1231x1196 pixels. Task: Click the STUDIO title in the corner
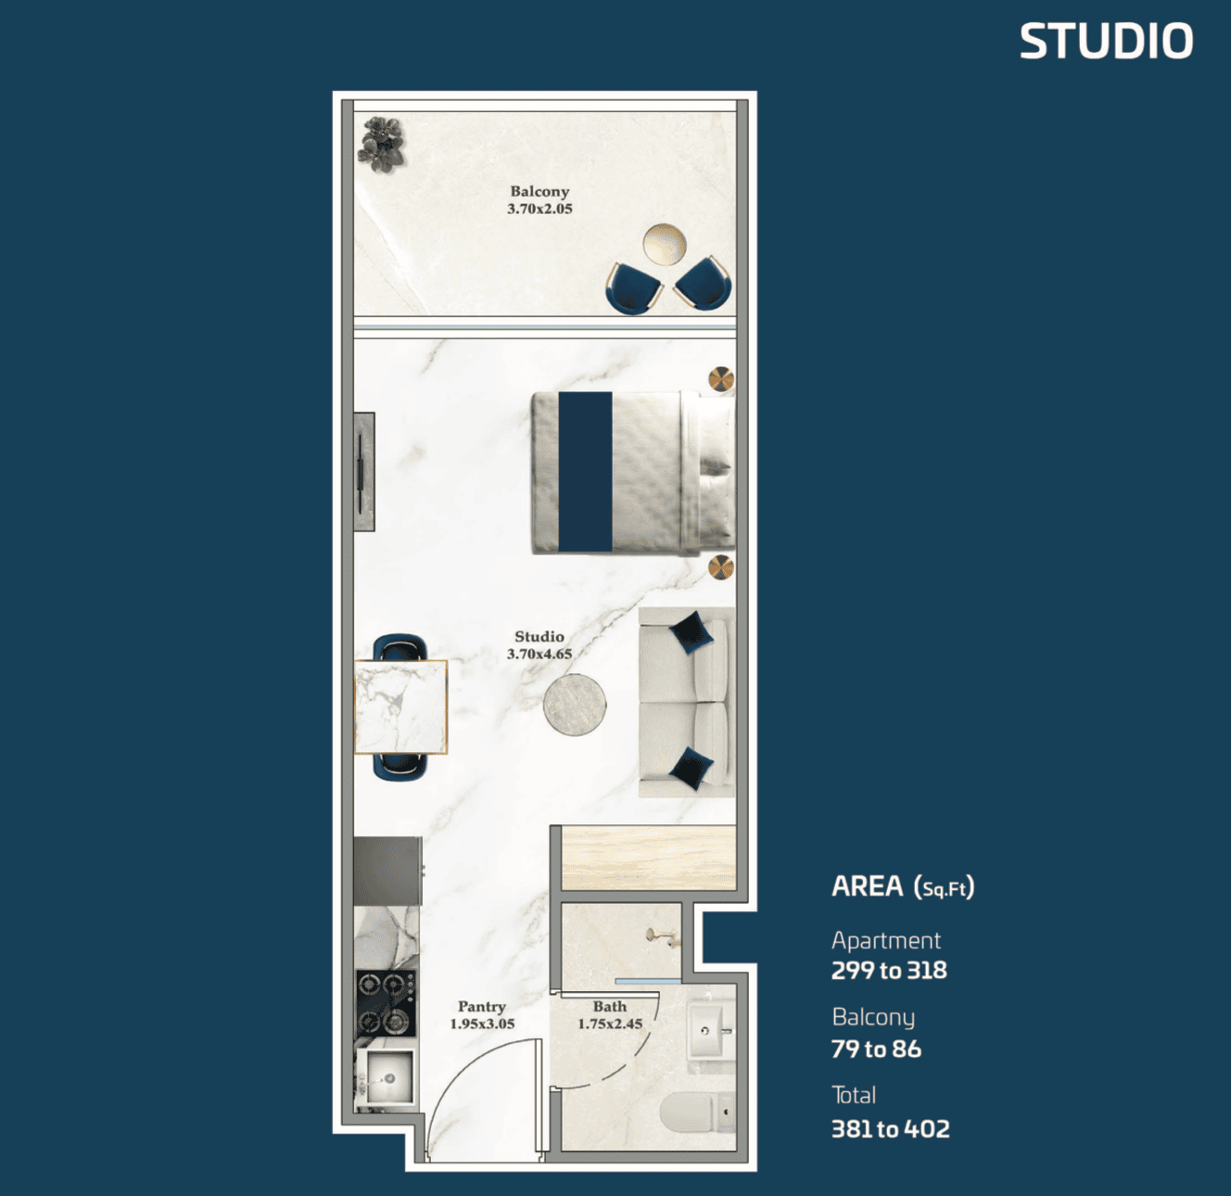click(x=1107, y=41)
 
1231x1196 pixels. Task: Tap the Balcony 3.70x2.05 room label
click(x=539, y=200)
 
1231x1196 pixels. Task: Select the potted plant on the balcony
click(x=381, y=145)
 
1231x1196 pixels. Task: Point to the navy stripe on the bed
click(x=585, y=471)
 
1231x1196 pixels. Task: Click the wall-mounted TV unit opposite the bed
click(x=364, y=471)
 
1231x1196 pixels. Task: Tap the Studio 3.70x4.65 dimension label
click(x=539, y=645)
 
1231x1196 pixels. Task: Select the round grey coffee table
click(x=575, y=705)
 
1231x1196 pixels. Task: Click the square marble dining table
click(x=401, y=706)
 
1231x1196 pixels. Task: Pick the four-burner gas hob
click(x=386, y=1004)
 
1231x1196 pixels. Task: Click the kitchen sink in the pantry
click(x=386, y=1077)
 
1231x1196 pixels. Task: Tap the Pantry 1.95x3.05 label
click(x=482, y=1014)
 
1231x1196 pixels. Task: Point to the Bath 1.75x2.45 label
click(x=610, y=1014)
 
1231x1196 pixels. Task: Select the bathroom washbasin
click(x=708, y=1030)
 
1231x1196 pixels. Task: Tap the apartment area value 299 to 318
click(x=889, y=970)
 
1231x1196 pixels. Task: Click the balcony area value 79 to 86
click(x=876, y=1050)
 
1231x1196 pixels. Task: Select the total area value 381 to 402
click(x=891, y=1129)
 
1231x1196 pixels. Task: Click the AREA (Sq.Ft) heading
click(x=903, y=886)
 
